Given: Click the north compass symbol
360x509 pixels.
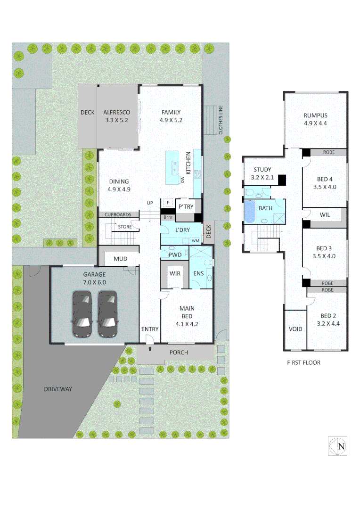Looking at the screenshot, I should [x=338, y=446].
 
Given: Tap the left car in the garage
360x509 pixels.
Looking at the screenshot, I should [x=82, y=314].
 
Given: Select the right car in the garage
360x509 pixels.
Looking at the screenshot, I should [x=107, y=314].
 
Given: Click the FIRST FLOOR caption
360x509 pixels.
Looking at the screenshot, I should [x=303, y=363].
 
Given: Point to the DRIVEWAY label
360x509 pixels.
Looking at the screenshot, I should [x=58, y=389].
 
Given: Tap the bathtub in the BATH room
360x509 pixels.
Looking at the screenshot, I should [x=249, y=211].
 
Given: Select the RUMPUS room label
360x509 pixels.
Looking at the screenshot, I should [x=315, y=115].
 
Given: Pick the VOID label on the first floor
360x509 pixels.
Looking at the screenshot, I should [x=295, y=329].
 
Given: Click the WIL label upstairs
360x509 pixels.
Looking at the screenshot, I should [x=325, y=214].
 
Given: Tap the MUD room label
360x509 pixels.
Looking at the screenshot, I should [x=120, y=259].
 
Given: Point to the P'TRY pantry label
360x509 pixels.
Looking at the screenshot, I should [x=186, y=206].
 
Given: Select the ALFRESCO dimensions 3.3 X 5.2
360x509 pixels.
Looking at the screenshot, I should [x=116, y=120].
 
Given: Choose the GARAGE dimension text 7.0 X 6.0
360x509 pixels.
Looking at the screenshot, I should [x=95, y=282].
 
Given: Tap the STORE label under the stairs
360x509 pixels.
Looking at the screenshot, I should [x=125, y=227].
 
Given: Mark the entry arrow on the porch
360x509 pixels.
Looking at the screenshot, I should [x=150, y=349].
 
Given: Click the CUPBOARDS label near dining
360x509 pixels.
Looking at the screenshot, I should [x=118, y=214].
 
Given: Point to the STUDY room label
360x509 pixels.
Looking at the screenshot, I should [x=262, y=170].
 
